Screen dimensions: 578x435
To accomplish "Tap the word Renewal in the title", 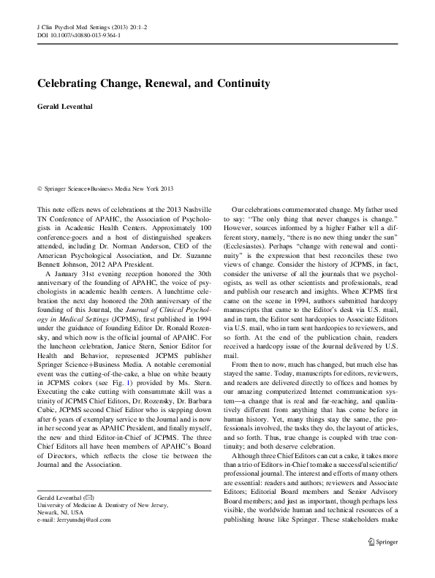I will click(x=186, y=84).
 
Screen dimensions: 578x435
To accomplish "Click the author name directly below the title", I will click(x=67, y=107).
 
